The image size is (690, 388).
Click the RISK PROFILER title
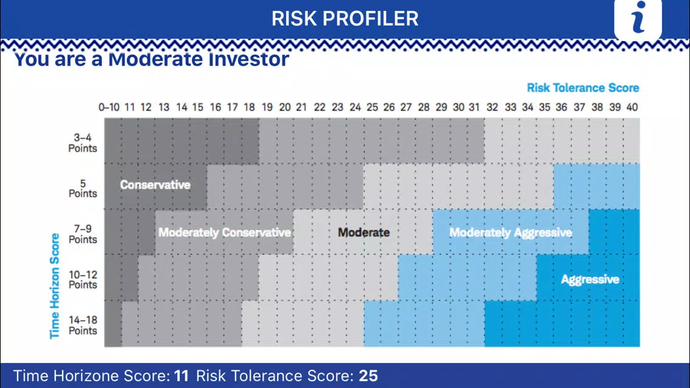pos(344,18)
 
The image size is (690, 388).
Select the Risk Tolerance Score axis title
pos(583,87)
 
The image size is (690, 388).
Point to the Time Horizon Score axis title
pos(55,286)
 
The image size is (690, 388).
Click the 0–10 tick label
pos(109,107)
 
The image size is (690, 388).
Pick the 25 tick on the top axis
pos(372,107)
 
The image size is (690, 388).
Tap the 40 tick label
pos(632,107)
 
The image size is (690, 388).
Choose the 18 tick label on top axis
pos(249,107)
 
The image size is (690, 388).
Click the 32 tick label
pos(492,107)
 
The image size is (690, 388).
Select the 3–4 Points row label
pos(83,143)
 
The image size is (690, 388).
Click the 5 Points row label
pos(83,188)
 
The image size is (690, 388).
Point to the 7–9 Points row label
pos(83,234)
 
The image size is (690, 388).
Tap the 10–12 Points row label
pos(83,280)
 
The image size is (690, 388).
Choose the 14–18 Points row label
pos(83,325)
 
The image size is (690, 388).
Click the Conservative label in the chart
pos(155,185)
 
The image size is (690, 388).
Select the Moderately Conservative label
pos(224,233)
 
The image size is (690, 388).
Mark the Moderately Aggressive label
pos(510,233)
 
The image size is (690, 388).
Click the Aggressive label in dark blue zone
pos(590,279)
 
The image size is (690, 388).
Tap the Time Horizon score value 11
pos(181,376)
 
